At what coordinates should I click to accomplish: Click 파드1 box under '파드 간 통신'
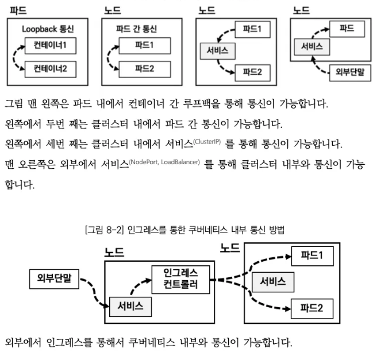point(144,44)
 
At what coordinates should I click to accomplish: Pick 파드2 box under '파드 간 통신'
point(144,69)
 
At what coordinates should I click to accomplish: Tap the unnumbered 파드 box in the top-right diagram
point(347,28)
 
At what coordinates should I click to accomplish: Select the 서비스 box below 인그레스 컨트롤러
point(131,305)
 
